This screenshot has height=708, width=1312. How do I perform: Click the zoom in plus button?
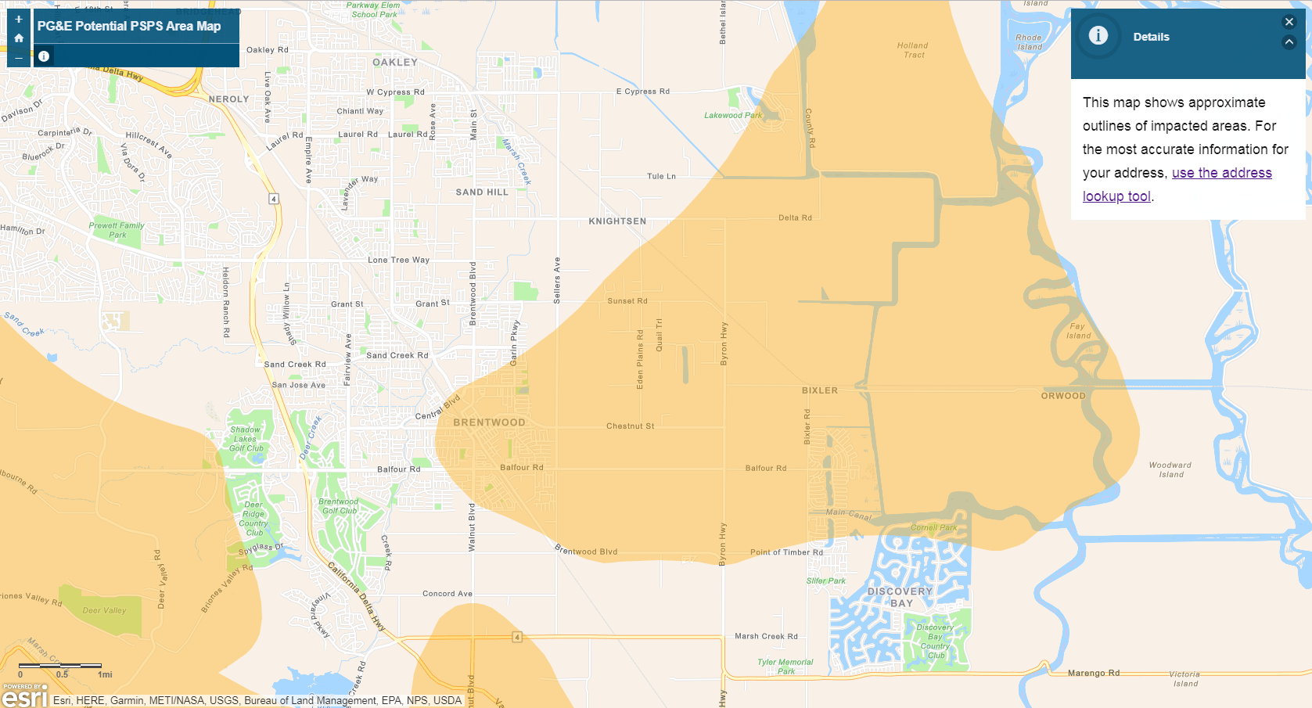(19, 20)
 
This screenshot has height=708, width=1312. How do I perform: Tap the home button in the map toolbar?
(19, 38)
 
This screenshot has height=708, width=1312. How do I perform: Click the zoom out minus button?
(19, 57)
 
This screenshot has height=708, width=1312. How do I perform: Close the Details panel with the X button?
(1289, 22)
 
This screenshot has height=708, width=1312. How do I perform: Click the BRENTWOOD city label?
(489, 422)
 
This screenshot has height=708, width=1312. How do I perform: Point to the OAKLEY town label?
(395, 63)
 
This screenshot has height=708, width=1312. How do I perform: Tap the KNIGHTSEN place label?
(617, 221)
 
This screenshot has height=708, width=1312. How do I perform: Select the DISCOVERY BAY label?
(900, 597)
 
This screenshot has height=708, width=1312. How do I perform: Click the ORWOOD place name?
(1063, 396)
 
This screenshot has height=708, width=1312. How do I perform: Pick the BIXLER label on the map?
(819, 390)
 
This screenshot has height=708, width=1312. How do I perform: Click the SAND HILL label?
(482, 192)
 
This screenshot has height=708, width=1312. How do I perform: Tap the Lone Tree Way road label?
(398, 260)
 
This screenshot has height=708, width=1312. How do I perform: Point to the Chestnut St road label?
(630, 426)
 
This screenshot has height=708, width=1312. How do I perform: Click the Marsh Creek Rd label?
(766, 636)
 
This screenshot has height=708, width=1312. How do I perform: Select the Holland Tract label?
(913, 50)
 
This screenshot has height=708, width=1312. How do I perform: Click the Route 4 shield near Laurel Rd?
(274, 199)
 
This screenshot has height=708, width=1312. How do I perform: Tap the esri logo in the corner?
(25, 695)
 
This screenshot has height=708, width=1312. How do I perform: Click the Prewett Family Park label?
(117, 230)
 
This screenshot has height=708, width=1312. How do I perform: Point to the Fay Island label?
(1078, 331)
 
